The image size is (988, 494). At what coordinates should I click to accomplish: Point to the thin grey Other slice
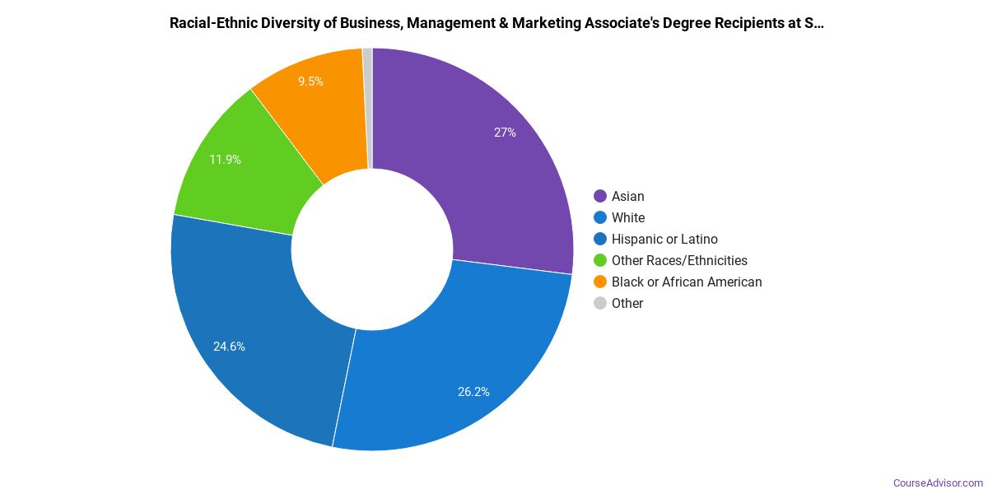pos(368,107)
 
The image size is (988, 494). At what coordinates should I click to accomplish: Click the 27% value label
pos(505,132)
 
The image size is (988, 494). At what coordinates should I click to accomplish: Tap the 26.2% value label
pos(473,392)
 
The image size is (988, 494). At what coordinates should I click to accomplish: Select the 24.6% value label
pos(229,347)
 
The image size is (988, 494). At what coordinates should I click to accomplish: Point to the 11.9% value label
pos(225,160)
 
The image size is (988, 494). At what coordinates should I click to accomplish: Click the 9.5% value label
pos(310,82)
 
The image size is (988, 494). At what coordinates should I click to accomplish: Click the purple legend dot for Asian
pos(600,196)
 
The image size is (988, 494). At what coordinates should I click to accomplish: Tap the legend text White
pos(628,217)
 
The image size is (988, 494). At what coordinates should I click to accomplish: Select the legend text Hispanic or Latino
pos(664,239)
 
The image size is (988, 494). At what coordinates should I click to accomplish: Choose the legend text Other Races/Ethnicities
pos(679,260)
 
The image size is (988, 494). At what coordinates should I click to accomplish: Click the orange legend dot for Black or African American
pos(600,282)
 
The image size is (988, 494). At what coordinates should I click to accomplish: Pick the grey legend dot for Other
pos(600,303)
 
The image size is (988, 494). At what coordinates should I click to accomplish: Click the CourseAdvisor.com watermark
pos(938,483)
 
